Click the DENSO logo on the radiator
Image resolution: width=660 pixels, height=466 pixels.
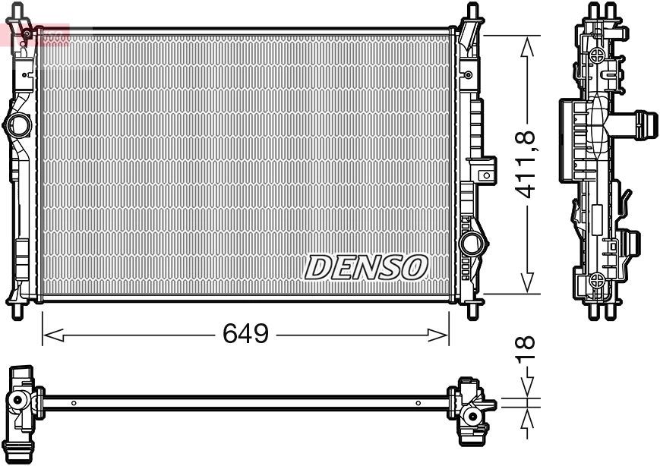(367, 267)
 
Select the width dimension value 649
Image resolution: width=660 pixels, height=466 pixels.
(245, 334)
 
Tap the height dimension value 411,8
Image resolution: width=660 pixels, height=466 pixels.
(526, 165)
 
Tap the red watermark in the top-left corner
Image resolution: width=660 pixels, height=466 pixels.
(35, 34)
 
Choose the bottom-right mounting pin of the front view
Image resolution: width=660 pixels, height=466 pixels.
(472, 310)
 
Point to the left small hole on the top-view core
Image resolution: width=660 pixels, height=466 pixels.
(73, 403)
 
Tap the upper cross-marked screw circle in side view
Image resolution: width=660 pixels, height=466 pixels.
(598, 55)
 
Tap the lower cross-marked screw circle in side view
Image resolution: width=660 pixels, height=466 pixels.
(598, 279)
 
